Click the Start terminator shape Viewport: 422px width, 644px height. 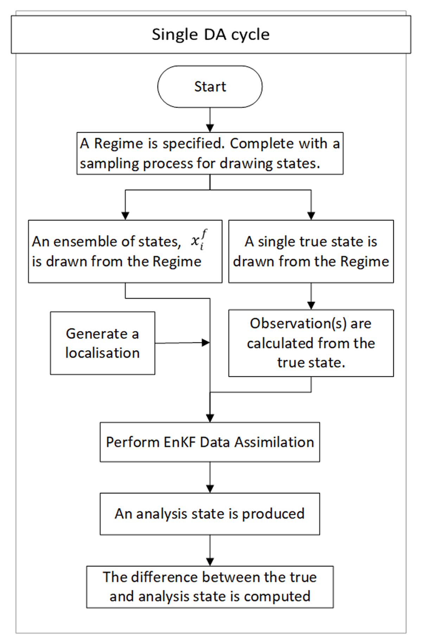[210, 86]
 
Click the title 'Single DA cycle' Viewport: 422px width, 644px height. [211, 34]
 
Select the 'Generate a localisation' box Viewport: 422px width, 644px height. [103, 343]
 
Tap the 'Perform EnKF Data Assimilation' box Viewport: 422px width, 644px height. [210, 442]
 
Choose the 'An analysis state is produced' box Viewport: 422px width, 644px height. [210, 514]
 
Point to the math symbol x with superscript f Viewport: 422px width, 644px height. [199, 240]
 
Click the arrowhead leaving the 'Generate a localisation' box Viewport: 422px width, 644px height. [206, 343]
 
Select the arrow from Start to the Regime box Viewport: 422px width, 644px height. [210, 120]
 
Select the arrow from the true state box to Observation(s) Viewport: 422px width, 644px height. [311, 296]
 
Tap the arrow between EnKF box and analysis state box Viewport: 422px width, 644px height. [210, 478]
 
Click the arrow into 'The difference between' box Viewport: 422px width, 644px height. [210, 550]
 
